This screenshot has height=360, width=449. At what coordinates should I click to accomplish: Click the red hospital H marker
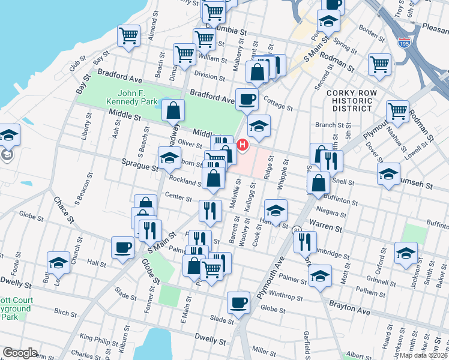(243, 145)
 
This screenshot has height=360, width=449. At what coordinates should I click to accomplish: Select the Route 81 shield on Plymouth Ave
(296, 230)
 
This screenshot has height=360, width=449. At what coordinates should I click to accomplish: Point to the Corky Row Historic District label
(350, 101)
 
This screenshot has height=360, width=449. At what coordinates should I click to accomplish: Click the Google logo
(20, 353)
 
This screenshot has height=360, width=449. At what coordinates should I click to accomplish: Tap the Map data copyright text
(424, 355)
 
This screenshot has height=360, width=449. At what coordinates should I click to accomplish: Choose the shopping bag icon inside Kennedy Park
(173, 110)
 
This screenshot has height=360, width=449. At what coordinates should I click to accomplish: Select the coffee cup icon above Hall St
(123, 247)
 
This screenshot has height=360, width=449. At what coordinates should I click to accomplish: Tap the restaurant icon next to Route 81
(305, 241)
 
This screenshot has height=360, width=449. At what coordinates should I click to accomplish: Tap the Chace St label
(63, 209)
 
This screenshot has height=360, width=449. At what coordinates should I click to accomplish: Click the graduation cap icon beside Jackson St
(406, 253)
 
